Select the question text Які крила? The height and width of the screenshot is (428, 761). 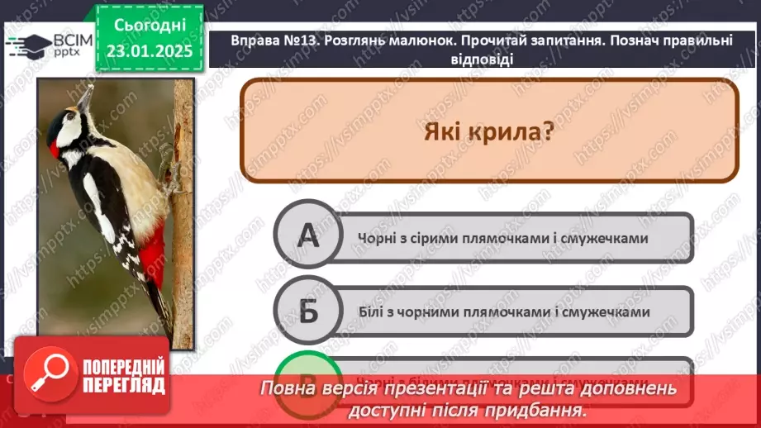coord(488,131)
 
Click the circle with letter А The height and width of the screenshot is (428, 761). coord(307,238)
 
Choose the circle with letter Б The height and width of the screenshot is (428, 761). coord(307,311)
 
